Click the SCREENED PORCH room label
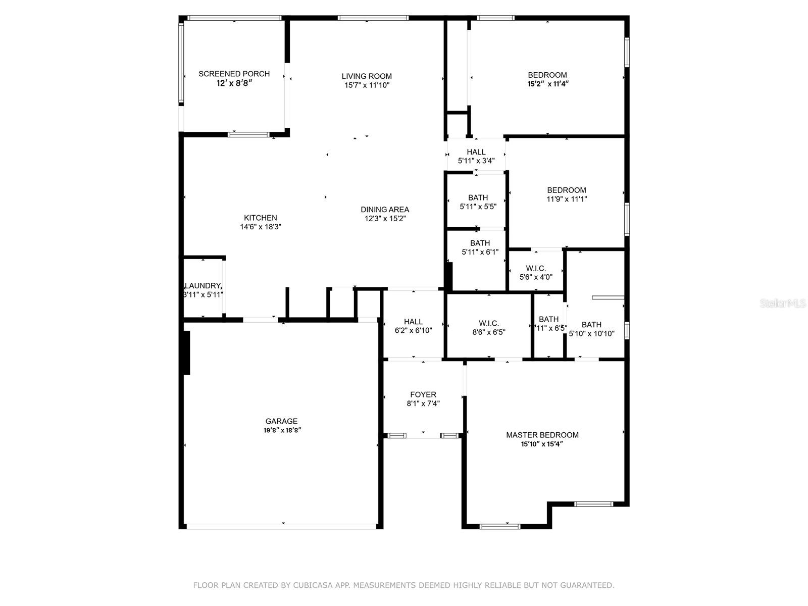(234, 74)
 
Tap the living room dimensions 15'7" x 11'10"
(367, 85)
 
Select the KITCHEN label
(261, 218)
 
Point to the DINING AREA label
(385, 210)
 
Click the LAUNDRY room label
(203, 286)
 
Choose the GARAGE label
(281, 421)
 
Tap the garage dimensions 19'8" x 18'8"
(281, 430)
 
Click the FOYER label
(423, 395)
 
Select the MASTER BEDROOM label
(542, 435)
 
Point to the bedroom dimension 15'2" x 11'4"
(548, 84)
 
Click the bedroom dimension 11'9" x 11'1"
(567, 199)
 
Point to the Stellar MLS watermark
(782, 304)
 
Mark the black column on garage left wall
(186, 352)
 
